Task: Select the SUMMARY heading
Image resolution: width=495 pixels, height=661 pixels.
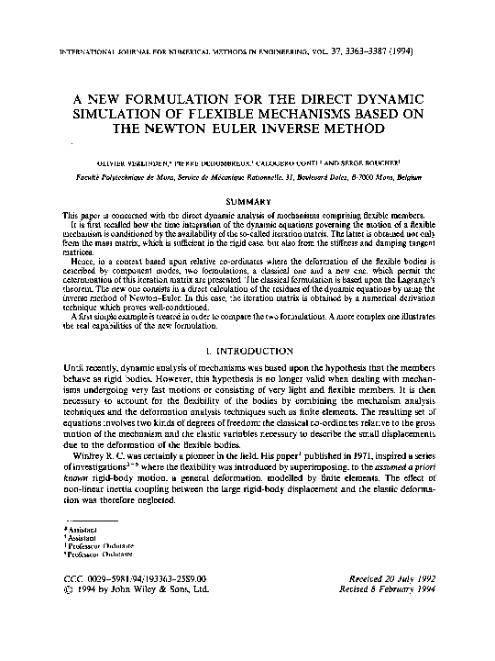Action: coord(247,201)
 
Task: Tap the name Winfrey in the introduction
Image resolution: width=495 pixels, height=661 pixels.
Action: coord(81,453)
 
